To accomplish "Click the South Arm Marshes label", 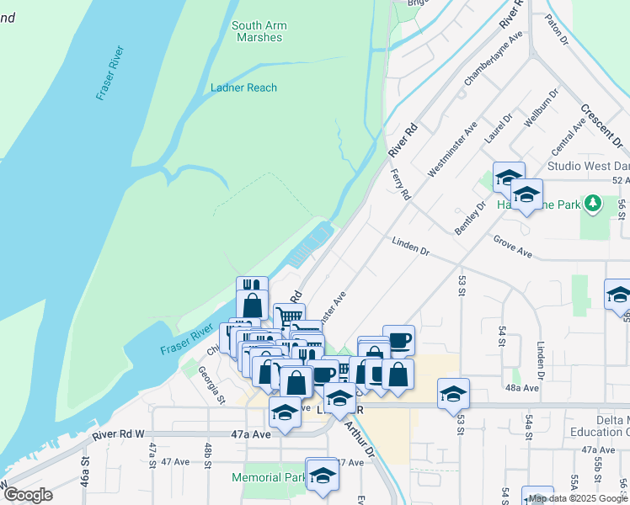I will (x=259, y=31).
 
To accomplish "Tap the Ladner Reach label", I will (x=243, y=88).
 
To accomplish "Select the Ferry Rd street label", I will (x=401, y=184).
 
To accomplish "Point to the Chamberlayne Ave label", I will (x=494, y=58).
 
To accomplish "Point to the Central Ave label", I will (x=568, y=136).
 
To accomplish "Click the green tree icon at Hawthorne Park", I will (x=593, y=203).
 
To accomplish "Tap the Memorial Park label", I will (x=268, y=477).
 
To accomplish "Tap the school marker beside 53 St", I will (x=453, y=392).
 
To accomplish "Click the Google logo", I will (x=28, y=495).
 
